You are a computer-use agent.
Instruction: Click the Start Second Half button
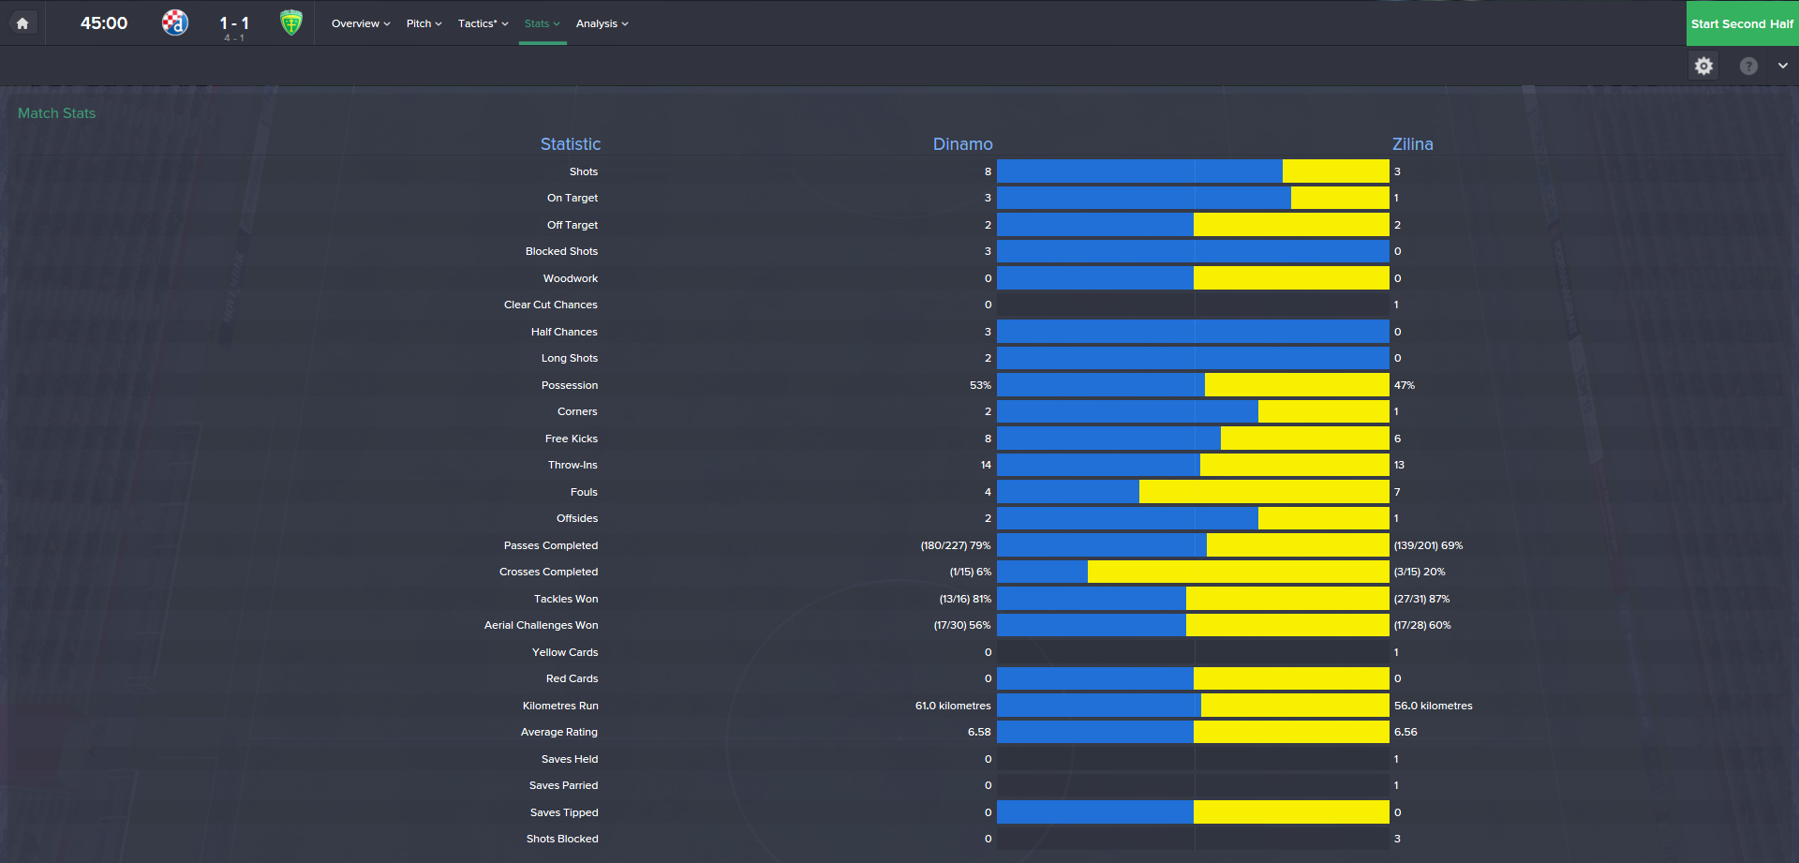click(x=1742, y=23)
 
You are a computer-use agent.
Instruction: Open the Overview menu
click(x=360, y=23)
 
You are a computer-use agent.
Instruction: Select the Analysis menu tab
click(x=602, y=23)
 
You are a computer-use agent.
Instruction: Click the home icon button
click(x=22, y=23)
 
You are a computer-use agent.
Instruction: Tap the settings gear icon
click(x=1703, y=66)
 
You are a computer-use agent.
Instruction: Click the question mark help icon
click(x=1748, y=66)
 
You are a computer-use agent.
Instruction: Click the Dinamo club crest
click(x=175, y=22)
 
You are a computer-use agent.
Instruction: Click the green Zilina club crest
click(x=291, y=22)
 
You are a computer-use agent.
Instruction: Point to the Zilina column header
click(x=1412, y=144)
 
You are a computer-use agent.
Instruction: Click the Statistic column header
click(x=570, y=144)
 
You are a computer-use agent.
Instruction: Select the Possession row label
click(x=569, y=385)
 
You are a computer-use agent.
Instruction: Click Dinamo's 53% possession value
click(x=980, y=385)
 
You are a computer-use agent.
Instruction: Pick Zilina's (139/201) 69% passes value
click(x=1428, y=545)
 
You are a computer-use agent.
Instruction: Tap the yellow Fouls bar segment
click(x=1263, y=492)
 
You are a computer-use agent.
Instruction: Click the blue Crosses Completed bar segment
click(x=1042, y=572)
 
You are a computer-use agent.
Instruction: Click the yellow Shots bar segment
click(x=1335, y=171)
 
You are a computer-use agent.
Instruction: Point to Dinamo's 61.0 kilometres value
click(x=953, y=706)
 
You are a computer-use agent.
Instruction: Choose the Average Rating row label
click(x=558, y=732)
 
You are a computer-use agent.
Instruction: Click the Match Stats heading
click(x=56, y=113)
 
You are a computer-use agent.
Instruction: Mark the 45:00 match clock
click(x=104, y=23)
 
